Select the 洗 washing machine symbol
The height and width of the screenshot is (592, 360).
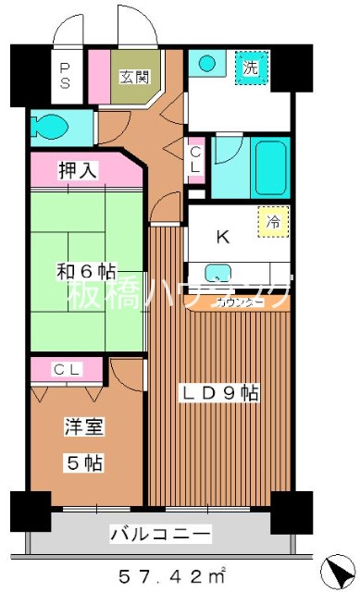click(x=250, y=67)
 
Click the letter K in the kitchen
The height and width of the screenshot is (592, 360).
click(x=222, y=237)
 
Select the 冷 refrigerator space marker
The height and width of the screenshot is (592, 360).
click(x=273, y=222)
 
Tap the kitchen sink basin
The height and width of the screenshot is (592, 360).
click(x=217, y=273)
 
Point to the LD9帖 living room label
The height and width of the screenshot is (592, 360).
click(x=218, y=393)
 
